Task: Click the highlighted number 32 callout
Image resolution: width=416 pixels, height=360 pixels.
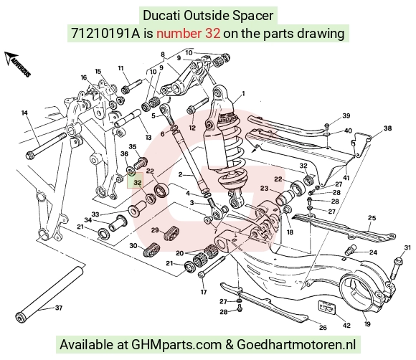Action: point(138,183)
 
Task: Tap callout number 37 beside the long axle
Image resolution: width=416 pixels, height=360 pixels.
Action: point(59,308)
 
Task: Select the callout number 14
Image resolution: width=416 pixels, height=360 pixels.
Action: point(24,113)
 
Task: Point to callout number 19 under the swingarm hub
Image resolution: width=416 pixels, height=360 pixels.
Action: point(367,324)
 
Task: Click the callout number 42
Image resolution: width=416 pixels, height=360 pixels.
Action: point(346,326)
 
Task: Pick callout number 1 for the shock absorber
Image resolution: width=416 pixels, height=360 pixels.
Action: point(243,93)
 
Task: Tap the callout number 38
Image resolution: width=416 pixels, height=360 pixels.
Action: point(387,128)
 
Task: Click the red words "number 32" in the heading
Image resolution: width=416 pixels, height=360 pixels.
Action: point(188,34)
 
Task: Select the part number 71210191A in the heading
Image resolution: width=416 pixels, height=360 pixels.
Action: point(105,34)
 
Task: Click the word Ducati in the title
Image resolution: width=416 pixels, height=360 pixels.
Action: point(161,15)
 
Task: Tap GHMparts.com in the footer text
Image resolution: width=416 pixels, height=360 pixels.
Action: point(176,344)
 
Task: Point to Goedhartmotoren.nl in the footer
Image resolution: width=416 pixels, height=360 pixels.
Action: point(296,344)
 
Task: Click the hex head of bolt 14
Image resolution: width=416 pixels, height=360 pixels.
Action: point(29,155)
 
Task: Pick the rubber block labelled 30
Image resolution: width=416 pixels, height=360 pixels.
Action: point(151,250)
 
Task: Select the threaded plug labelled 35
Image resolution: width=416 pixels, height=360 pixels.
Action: point(141,162)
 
